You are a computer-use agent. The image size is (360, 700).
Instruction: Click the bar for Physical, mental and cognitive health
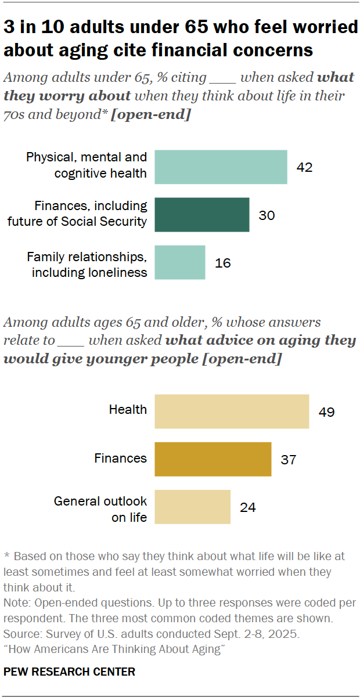coord(221,167)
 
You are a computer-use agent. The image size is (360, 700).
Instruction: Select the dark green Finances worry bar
coord(201,215)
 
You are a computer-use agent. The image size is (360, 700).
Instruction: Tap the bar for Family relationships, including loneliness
coord(179,262)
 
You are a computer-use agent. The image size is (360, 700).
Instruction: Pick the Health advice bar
coord(232,412)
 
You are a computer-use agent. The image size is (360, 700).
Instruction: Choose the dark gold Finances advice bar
coord(213,459)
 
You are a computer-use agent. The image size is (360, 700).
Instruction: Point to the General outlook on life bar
coord(192,507)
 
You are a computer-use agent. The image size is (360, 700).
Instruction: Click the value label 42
coord(304,168)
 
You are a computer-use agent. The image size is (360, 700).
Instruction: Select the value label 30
coord(267,215)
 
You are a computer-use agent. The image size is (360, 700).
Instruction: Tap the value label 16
coord(222,263)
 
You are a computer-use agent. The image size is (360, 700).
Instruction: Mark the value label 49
coord(326,412)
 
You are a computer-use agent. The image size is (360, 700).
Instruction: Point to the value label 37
coord(288,460)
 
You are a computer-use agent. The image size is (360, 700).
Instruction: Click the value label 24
coord(247,507)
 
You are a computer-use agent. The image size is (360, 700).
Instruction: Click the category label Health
coord(128,410)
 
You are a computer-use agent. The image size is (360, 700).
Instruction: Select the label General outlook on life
coord(100,509)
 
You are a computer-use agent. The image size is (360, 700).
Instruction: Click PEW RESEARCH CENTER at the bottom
coord(69,672)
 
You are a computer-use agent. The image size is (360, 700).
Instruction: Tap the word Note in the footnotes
coord(15,602)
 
